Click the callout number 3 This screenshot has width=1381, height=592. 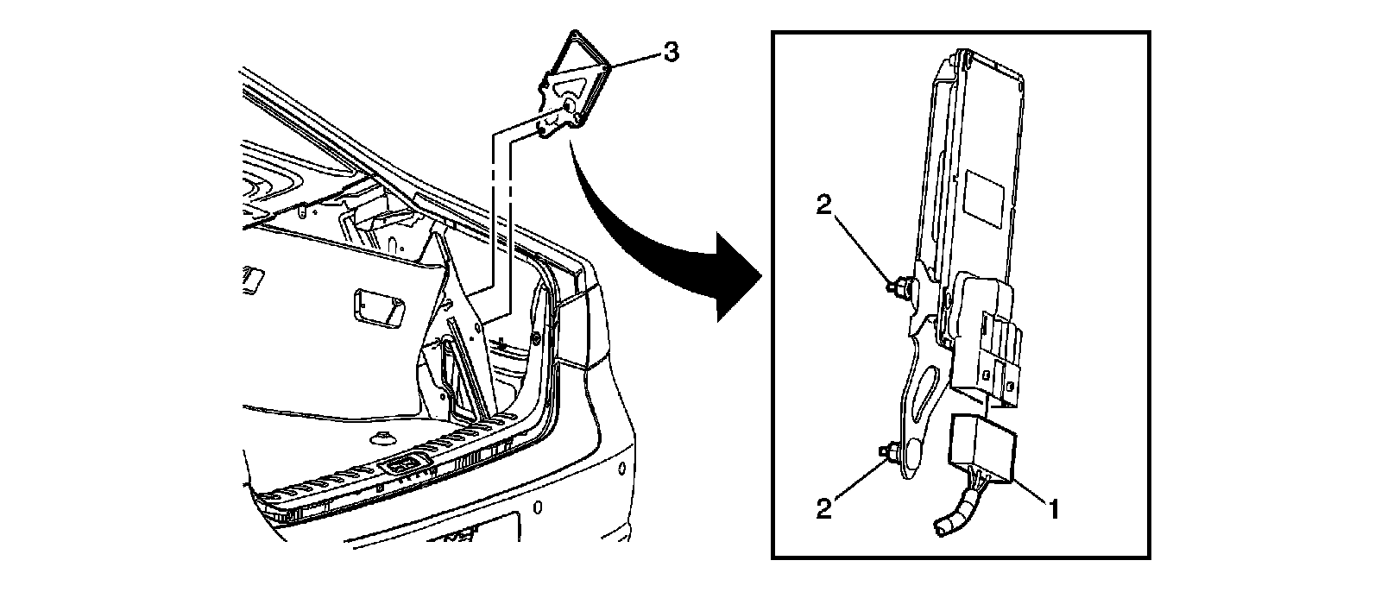click(672, 53)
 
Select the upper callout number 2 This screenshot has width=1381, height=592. click(824, 204)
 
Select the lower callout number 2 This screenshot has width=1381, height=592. click(824, 508)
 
